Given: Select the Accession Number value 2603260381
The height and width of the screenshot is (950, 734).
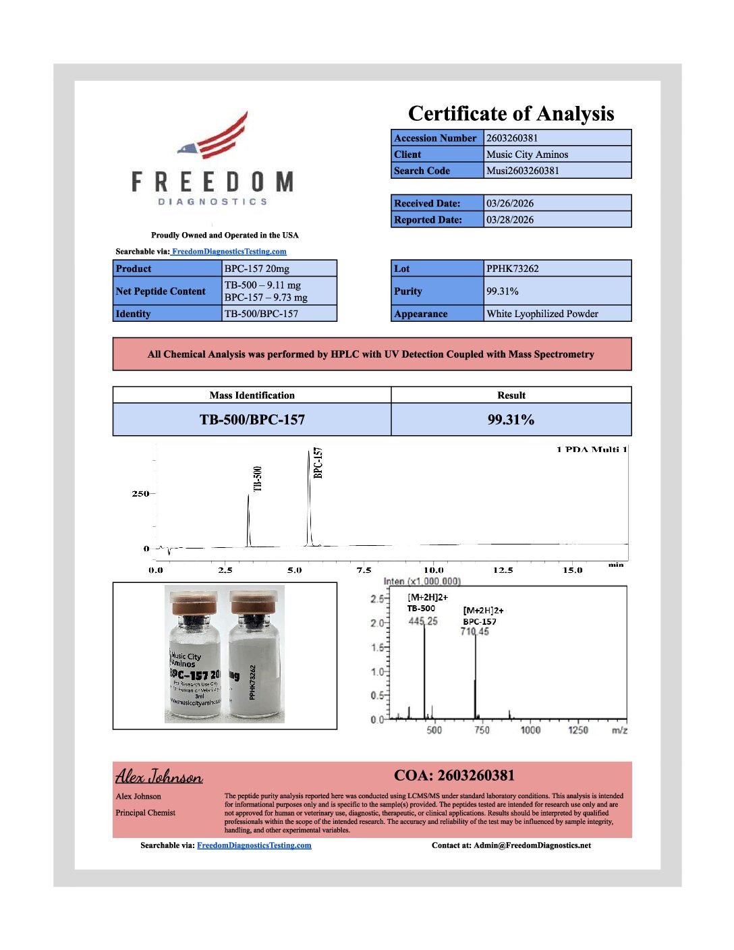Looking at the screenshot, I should pos(512,138).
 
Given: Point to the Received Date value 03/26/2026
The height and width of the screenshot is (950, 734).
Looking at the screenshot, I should pos(509,203).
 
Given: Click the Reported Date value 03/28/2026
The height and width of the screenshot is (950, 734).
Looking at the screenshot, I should pos(509,220).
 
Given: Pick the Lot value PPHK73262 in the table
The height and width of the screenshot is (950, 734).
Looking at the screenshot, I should pos(512,269).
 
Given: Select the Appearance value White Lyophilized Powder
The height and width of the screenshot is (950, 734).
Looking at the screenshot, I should pos(542,314).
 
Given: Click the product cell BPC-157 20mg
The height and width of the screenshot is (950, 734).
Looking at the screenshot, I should pos(256,269).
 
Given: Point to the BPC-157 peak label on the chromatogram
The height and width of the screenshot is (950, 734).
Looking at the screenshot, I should pos(318,463).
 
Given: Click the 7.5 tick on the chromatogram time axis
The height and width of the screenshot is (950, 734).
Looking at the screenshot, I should pos(364,570).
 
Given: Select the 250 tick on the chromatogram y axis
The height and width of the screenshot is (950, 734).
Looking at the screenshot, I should pos(140,494).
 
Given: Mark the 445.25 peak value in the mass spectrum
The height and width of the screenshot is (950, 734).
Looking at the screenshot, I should pos(422,621).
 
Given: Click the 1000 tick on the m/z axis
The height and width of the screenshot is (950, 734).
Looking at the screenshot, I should pos(530,730).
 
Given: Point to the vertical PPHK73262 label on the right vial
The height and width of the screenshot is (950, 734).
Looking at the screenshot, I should pos(252,681).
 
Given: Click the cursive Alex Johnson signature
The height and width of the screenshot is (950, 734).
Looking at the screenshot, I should pos(159,777).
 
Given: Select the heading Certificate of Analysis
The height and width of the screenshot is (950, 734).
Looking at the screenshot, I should pos(511,113).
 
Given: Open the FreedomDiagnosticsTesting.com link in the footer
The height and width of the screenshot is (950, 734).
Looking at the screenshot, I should pos(254,845).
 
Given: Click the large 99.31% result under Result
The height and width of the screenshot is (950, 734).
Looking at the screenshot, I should pos(511,420).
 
